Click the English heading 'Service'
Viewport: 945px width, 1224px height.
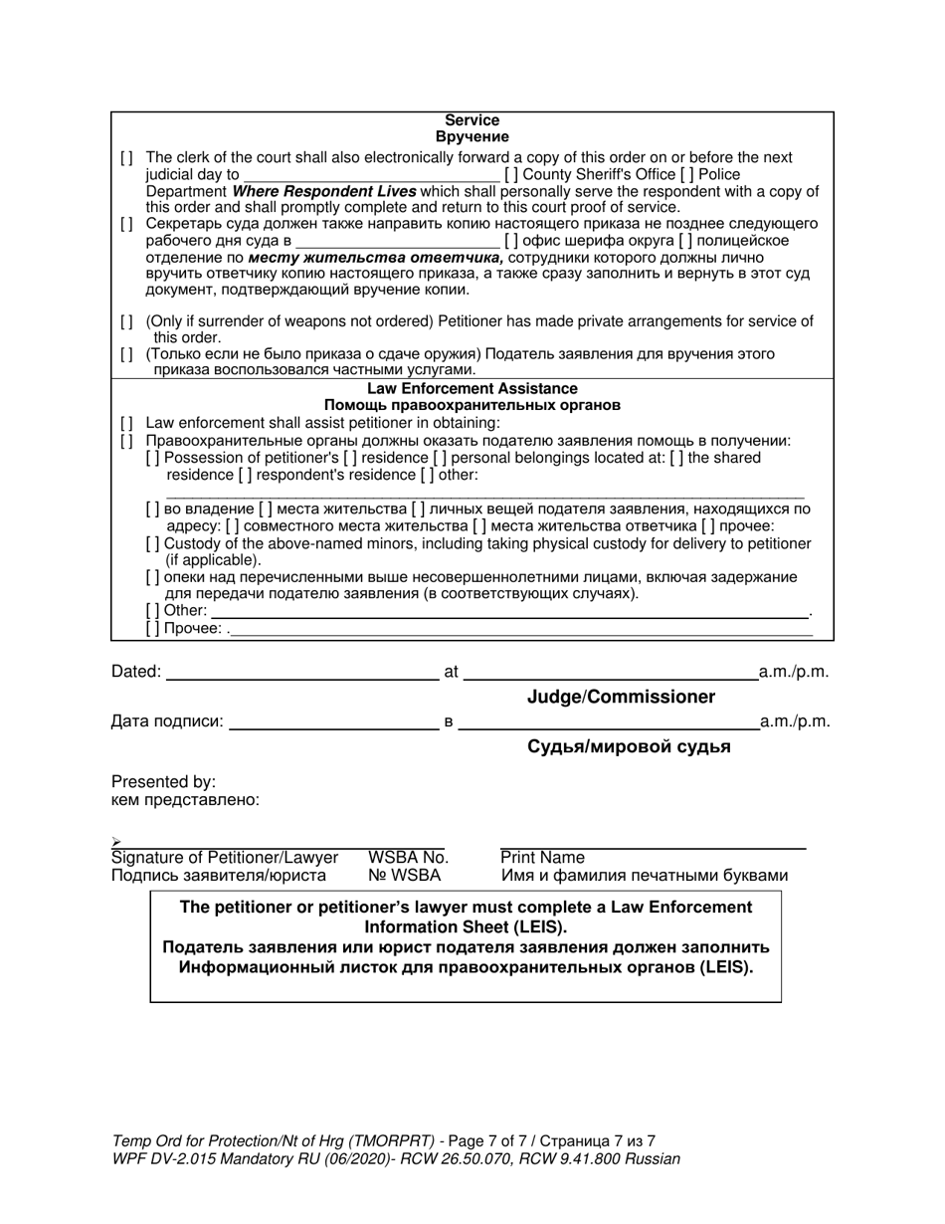click(x=472, y=120)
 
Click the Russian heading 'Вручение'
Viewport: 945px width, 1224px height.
click(x=472, y=137)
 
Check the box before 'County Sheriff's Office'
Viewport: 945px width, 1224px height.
click(x=511, y=174)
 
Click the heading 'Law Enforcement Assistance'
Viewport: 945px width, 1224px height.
click(x=472, y=388)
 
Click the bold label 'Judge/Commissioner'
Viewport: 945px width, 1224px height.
click(x=621, y=698)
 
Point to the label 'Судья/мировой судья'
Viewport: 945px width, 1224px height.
click(x=629, y=747)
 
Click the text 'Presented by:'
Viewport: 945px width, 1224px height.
click(x=163, y=782)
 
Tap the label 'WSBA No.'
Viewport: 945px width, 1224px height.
click(x=408, y=858)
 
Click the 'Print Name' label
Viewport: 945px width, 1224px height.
click(x=542, y=858)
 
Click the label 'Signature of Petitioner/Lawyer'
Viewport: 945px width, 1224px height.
click(x=225, y=858)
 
